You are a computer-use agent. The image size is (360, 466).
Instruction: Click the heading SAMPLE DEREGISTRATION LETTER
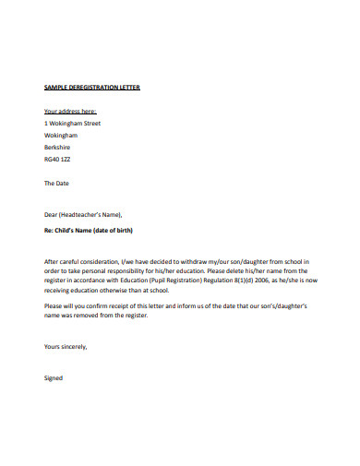click(x=92, y=87)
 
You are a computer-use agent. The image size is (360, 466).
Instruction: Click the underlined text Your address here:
click(x=70, y=110)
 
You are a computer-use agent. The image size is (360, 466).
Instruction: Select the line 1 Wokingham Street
click(x=72, y=122)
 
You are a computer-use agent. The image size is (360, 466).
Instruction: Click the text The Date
click(x=57, y=183)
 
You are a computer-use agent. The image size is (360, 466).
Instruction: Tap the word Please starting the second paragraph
click(x=54, y=305)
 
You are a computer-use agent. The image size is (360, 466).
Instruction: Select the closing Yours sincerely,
click(x=66, y=346)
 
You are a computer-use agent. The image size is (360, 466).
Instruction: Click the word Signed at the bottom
click(x=54, y=377)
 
